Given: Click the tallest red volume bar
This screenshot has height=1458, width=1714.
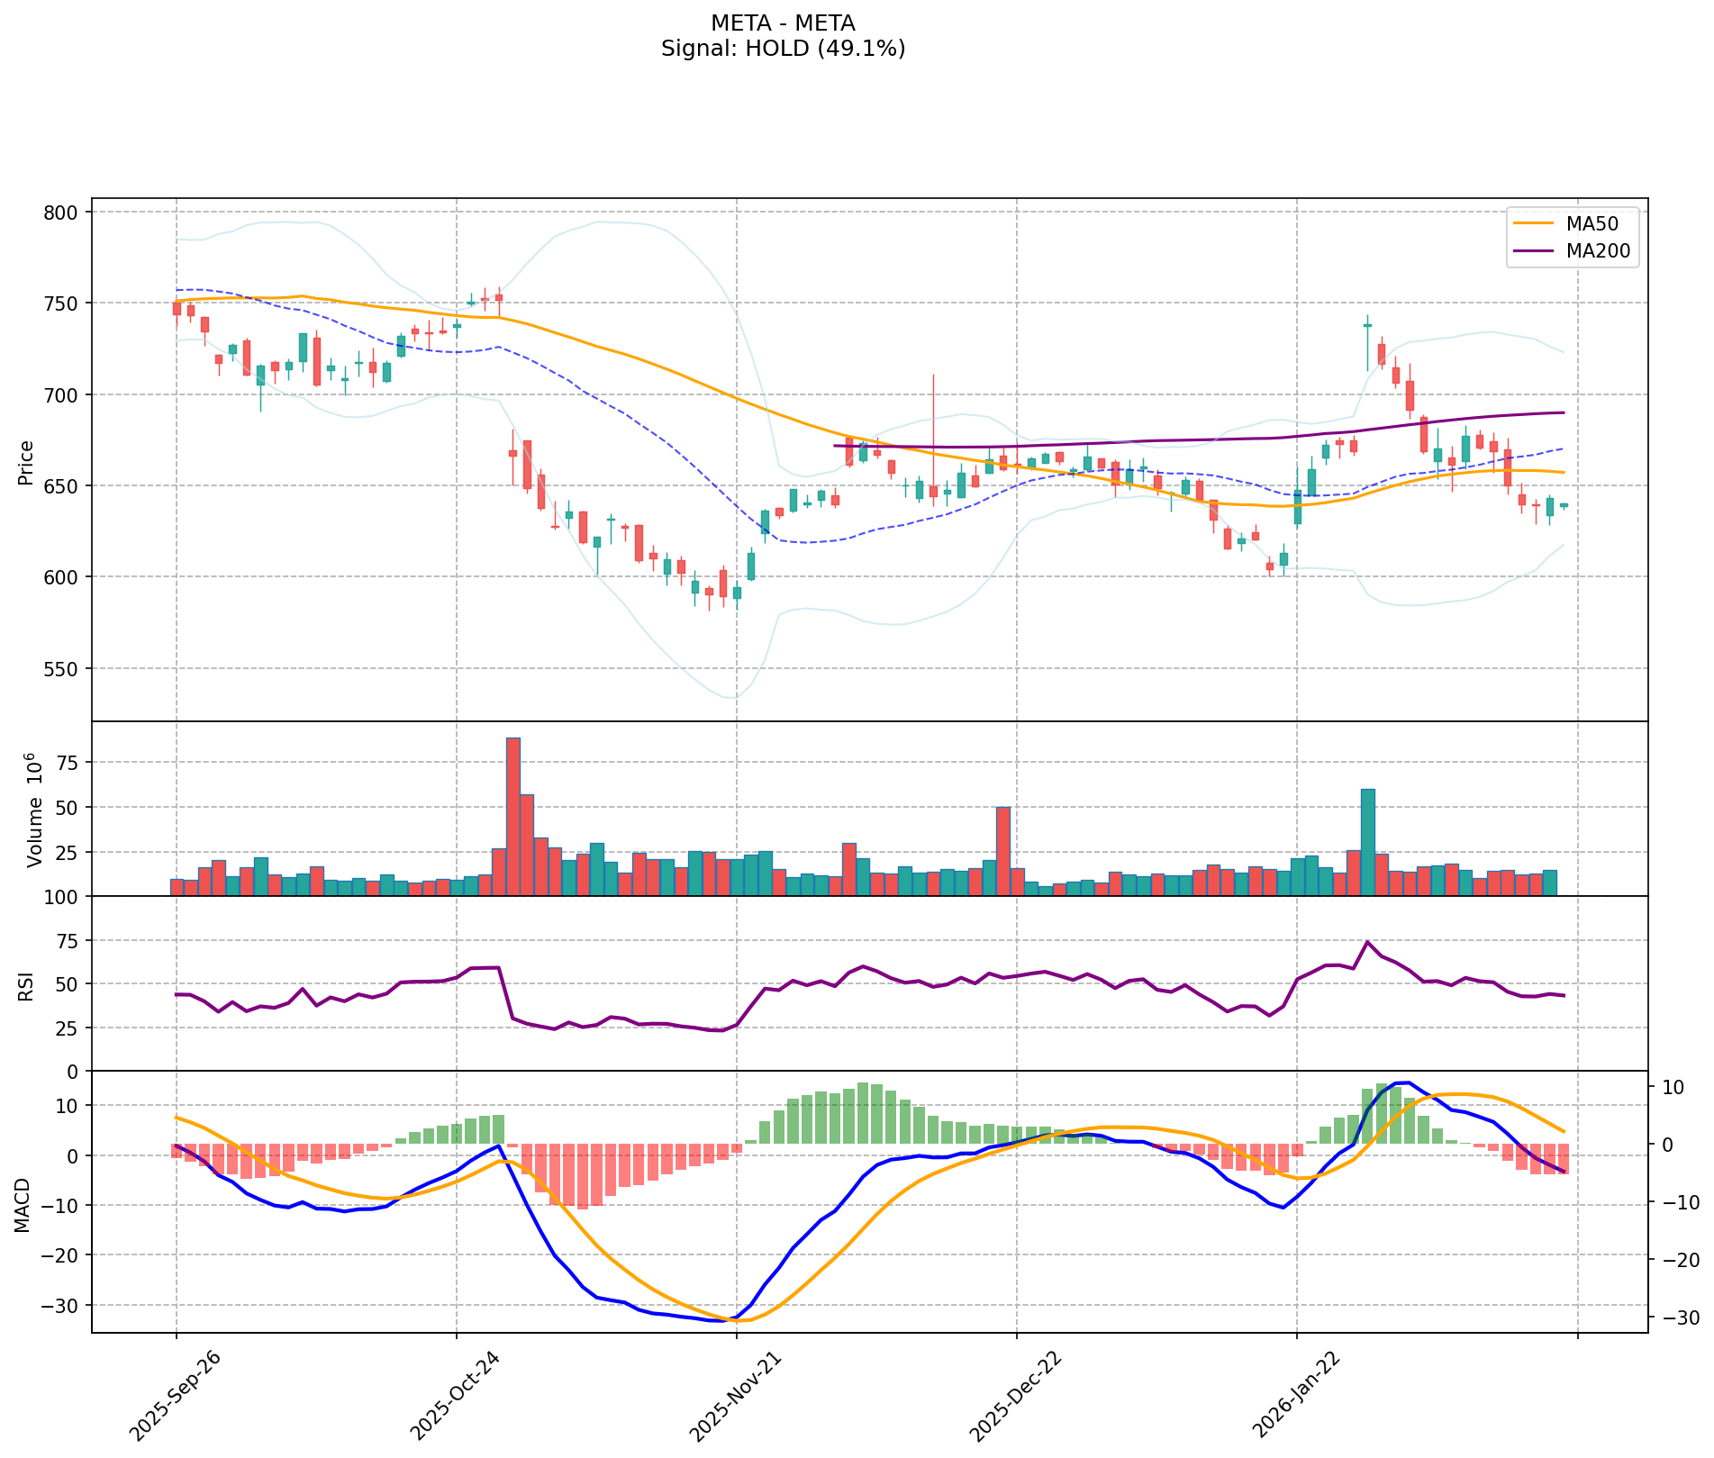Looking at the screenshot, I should [x=513, y=815].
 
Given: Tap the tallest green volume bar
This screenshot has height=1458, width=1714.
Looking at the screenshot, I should [x=1367, y=841].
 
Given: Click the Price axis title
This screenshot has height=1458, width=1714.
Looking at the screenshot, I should [x=26, y=462].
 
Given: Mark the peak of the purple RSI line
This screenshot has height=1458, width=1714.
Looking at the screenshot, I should [x=1367, y=941].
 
